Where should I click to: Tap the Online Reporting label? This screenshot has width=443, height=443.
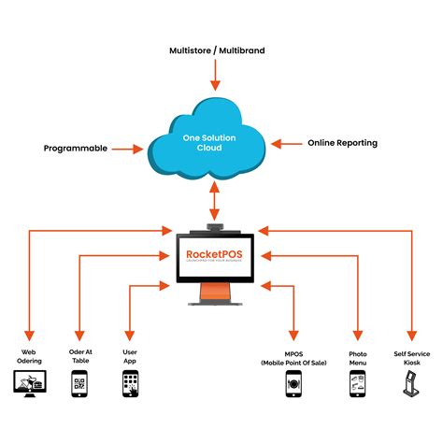coord(342,143)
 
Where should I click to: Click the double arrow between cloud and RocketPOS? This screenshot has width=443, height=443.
coord(216,202)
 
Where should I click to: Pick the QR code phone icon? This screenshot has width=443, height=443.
coord(80,383)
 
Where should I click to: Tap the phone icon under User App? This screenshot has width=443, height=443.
coord(131,383)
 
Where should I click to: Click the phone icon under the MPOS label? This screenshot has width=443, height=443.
coord(293,384)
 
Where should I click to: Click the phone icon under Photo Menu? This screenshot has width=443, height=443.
coord(357,384)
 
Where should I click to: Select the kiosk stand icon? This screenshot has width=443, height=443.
coord(410,384)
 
